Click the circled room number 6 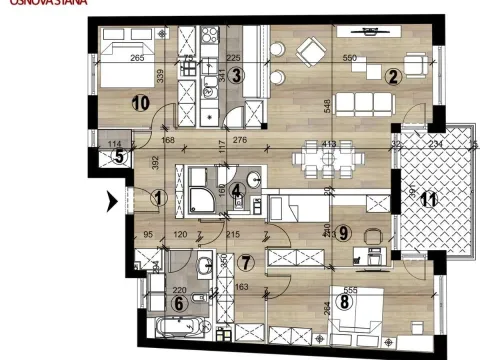(x=179, y=304)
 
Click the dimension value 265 (x=138, y=58)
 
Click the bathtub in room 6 (x=178, y=329)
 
